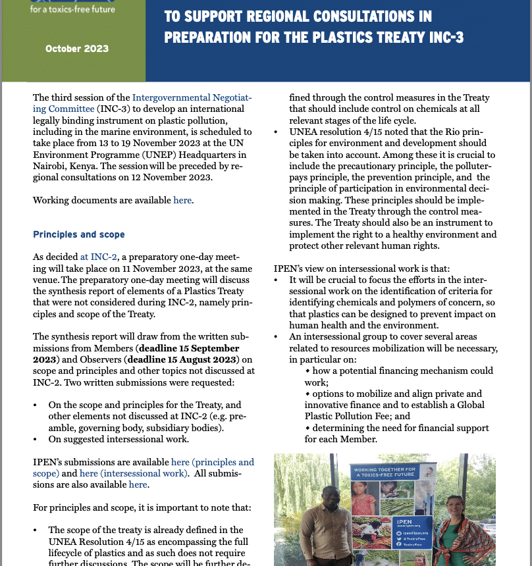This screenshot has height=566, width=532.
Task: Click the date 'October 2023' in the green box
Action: [x=77, y=49]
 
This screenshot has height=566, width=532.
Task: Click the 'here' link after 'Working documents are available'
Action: [x=182, y=200]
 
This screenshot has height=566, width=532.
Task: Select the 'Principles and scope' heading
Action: [x=78, y=234]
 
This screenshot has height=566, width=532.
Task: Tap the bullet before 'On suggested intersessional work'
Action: [x=35, y=439]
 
